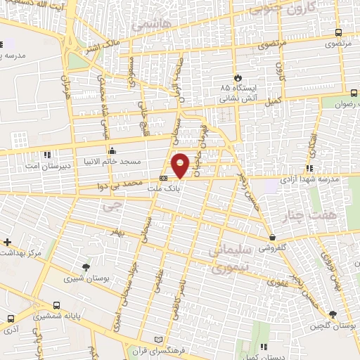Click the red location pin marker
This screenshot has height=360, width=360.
(181, 165)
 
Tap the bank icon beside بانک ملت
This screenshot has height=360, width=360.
(163, 178)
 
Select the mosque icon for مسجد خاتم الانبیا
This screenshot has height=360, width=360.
(112, 150)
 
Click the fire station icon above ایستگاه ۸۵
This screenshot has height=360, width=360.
(238, 77)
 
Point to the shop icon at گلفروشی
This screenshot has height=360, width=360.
(272, 238)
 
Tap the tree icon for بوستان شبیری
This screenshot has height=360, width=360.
(86, 266)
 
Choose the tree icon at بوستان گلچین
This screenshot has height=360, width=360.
(333, 314)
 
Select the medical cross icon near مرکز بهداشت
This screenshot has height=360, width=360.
(6, 241)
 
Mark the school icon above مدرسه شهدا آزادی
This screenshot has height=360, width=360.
(309, 168)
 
